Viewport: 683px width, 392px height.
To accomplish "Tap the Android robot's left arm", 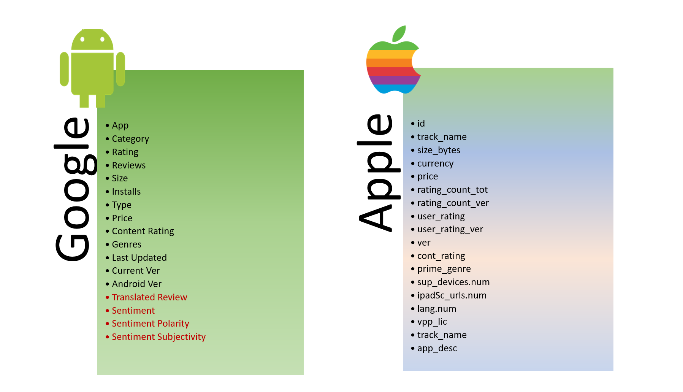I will click(64, 69).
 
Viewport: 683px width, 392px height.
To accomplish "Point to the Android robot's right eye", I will click(102, 39).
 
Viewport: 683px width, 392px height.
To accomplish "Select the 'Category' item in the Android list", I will click(130, 139).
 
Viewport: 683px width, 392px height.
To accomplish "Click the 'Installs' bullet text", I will click(126, 192).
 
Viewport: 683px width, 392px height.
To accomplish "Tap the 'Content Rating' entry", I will click(143, 231).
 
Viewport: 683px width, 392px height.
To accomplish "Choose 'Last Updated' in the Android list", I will click(139, 258).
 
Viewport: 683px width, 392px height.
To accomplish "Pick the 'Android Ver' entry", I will click(136, 284).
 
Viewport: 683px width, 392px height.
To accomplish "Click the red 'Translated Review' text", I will click(149, 297).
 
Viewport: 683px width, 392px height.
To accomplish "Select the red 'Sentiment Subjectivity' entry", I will click(158, 337).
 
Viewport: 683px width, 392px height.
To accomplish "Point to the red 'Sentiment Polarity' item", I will click(150, 324).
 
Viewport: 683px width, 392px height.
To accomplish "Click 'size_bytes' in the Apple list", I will click(439, 150).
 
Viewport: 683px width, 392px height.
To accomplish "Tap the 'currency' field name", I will click(435, 163).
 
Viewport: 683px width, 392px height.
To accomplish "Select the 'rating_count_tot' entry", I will click(452, 190).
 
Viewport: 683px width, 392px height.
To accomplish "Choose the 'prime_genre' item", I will click(444, 269).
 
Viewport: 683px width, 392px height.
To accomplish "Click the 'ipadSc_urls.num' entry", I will click(452, 295).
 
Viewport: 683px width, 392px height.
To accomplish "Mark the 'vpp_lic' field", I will click(432, 322).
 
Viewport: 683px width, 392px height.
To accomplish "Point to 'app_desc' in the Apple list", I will click(437, 348).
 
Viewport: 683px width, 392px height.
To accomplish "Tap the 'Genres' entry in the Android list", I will click(127, 244).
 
